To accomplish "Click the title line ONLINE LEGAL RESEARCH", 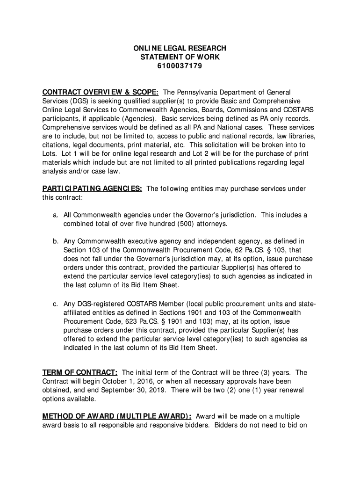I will click(x=180, y=48).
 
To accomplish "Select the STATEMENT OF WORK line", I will click(x=180, y=57).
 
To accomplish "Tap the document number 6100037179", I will click(x=180, y=66).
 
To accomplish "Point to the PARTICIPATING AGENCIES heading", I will click(x=93, y=189).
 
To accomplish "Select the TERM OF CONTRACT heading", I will click(x=80, y=372).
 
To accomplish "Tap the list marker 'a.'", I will click(x=55, y=215).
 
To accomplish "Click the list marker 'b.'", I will click(x=55, y=241).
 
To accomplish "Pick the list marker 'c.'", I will click(x=55, y=305).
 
